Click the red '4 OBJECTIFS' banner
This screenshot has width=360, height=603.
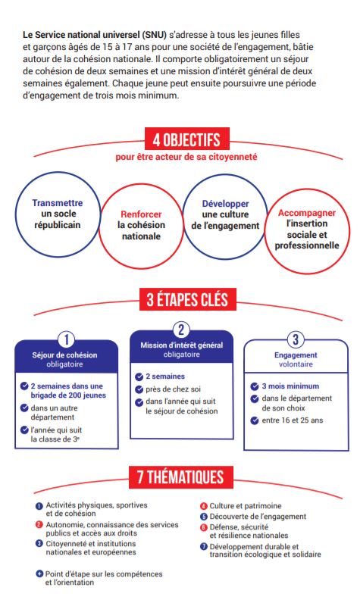pos(187,139)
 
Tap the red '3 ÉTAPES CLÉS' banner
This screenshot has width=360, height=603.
pos(188,299)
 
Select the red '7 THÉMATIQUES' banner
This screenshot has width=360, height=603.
pos(181,476)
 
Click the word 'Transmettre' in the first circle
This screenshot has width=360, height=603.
pos(58,203)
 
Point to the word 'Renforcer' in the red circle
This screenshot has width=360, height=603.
pos(141,214)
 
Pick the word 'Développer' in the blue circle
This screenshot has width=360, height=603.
pos(225,204)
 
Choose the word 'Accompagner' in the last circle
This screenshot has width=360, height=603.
pos(307,213)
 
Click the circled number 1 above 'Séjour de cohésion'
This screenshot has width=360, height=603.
pos(66,339)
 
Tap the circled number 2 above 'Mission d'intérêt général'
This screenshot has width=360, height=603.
pos(181,330)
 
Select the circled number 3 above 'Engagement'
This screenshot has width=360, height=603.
pos(296,339)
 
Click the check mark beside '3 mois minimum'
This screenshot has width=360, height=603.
pos(254,386)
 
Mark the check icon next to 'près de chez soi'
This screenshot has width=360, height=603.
pos(139,389)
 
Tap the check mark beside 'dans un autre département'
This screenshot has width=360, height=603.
pos(24,408)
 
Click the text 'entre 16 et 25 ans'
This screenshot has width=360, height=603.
pos(293,420)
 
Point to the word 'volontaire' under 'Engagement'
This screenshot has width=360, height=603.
pos(296,364)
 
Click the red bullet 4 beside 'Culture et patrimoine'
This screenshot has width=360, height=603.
pos(203,506)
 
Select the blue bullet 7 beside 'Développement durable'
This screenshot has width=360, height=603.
pos(203,546)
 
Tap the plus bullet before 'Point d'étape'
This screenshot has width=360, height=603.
pos(39,573)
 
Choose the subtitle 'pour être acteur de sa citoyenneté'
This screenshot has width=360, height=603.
pos(186,157)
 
